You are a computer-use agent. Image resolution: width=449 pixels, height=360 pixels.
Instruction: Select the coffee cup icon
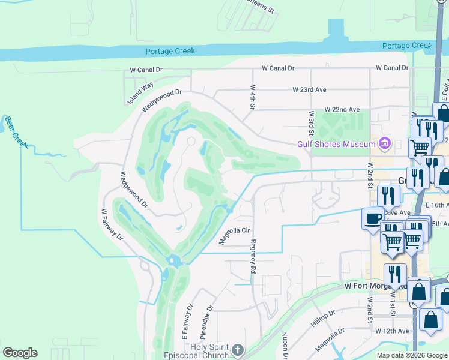coord(373,217)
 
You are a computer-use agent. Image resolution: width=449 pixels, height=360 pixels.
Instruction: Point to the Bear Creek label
coord(13,128)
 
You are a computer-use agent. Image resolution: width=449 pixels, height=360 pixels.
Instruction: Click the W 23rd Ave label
coord(309,89)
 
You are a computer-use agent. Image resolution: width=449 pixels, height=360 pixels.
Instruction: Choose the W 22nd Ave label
coord(342,110)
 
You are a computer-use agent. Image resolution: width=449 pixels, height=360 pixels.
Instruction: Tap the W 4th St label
coord(253,97)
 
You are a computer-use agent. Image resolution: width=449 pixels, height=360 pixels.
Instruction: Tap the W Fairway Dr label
coord(112,224)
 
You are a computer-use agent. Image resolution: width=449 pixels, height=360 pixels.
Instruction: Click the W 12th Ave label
coord(392,331)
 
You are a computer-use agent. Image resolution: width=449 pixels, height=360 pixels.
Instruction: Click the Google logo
coord(20,353)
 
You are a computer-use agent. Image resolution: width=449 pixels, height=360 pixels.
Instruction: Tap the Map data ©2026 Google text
coord(411,355)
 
